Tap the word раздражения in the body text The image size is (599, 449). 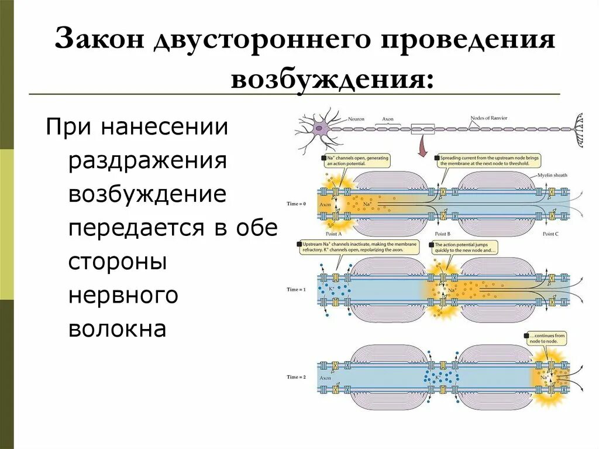point(147,160)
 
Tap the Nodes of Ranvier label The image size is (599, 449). point(488,118)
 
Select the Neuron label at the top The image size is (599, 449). point(356,119)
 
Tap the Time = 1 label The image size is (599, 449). point(297,290)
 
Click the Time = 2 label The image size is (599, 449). point(297,376)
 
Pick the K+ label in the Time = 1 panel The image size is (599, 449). point(331,289)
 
